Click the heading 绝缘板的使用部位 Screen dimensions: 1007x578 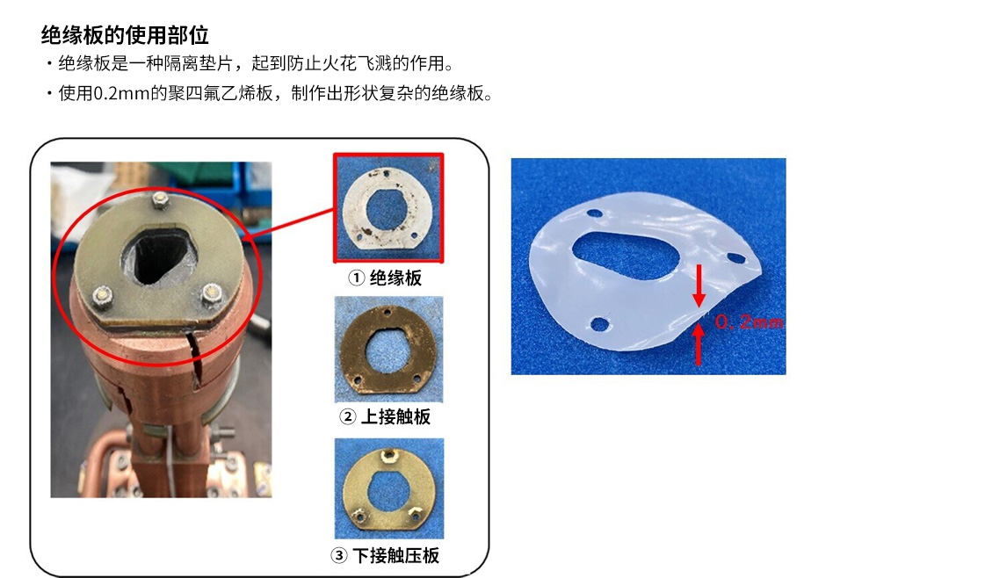[125, 34]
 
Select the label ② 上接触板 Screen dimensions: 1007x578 [386, 416]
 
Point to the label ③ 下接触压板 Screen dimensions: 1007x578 [386, 555]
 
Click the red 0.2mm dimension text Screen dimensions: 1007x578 [749, 322]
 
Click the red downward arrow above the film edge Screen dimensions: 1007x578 [699, 285]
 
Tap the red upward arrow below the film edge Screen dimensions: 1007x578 [699, 344]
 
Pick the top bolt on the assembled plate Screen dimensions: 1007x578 [160, 199]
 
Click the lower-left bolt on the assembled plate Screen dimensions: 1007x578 [103, 296]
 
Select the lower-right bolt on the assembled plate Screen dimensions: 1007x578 [211, 293]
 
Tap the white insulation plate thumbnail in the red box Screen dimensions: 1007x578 [388, 208]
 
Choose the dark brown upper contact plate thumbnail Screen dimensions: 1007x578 [388, 350]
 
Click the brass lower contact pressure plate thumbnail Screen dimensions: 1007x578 [388, 488]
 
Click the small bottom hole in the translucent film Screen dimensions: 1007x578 [600, 323]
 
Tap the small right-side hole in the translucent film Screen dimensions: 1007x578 [736, 258]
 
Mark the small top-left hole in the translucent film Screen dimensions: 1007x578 [594, 213]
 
